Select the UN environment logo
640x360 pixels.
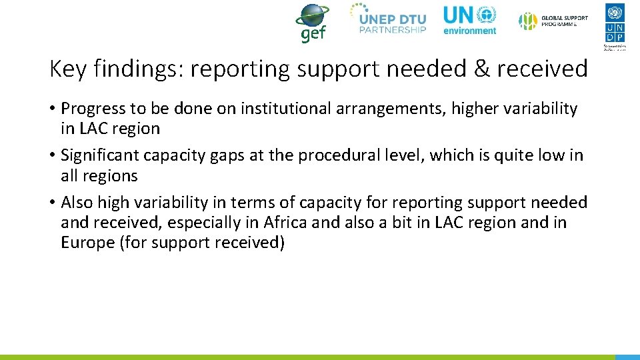click(x=470, y=20)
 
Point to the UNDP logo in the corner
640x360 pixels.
click(x=615, y=25)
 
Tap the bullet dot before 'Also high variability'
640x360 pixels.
click(x=52, y=203)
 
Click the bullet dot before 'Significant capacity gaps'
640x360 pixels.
click(x=52, y=156)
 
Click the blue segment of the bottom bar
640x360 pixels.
click(x=627, y=357)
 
